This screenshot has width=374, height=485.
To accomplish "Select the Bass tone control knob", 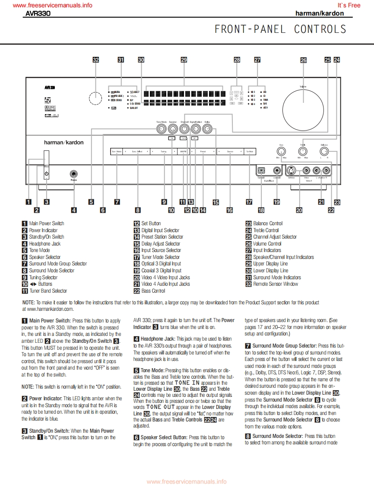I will pyautogui.click(x=281, y=151).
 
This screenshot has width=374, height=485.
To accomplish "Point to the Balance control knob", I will pyautogui.click(x=324, y=151).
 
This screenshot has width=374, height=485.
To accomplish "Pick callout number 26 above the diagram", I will pyautogui.click(x=303, y=61).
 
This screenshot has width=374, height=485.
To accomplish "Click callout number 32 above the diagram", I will pyautogui.click(x=96, y=60).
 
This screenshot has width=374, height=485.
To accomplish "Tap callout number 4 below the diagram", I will pyautogui.click(x=74, y=210).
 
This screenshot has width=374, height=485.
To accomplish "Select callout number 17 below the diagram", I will pyautogui.click(x=249, y=201).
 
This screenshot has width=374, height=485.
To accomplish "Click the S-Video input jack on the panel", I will pyautogui.click(x=292, y=170).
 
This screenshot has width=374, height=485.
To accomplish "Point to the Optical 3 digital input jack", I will pyautogui.click(x=261, y=170).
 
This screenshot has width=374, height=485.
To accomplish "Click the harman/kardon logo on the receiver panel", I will pyautogui.click(x=64, y=142).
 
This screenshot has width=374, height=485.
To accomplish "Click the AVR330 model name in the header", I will pyautogui.click(x=38, y=13).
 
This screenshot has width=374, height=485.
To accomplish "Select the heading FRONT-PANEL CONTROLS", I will pyautogui.click(x=280, y=29).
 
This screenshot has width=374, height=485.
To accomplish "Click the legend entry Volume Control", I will pyautogui.click(x=267, y=243).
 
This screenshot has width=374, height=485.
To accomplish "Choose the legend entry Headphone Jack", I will pyautogui.click(x=44, y=243).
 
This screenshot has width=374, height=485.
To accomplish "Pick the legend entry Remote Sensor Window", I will pyautogui.click(x=275, y=284).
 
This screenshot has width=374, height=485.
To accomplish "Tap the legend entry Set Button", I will pyautogui.click(x=151, y=223).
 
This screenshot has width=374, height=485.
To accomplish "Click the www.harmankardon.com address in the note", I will pyautogui.click(x=48, y=309).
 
